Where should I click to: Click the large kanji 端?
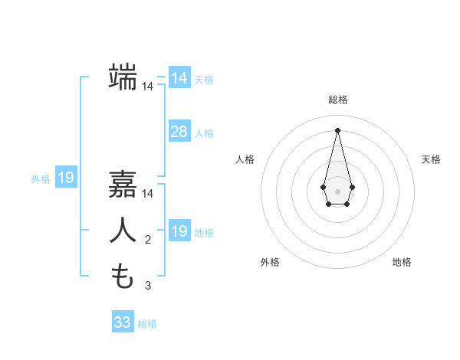123,77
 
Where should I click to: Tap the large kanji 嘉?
123,185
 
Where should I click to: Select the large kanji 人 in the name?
123,231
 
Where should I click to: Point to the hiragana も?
123,276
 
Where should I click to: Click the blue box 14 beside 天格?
179,78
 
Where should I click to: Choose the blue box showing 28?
179,132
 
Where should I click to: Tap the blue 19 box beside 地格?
179,231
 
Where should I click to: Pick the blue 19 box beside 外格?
65,178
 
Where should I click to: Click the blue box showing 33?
122,322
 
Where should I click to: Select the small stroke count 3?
148,286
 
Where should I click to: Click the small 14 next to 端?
148,87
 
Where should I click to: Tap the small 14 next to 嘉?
148,195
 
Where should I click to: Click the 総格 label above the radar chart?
337,100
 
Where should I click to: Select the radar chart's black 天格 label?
431,159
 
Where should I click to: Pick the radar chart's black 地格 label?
402,262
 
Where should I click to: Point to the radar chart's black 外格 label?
270,262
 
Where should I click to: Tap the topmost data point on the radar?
337,129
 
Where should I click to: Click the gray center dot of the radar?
337,190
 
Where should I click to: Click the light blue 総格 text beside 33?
147,324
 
